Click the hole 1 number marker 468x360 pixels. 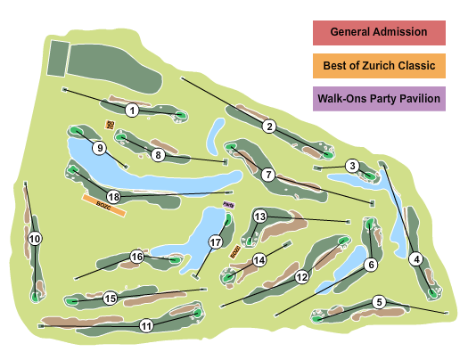point(132,110)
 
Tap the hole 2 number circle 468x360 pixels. point(269,127)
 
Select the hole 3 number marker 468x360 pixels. point(353,166)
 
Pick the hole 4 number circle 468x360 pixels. point(415,259)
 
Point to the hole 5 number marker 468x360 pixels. point(379,302)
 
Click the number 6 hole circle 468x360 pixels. point(371,264)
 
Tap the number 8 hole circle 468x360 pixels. point(158,155)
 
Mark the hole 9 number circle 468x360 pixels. point(99,148)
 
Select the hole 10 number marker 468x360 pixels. point(35,239)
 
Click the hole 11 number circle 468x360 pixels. point(145,326)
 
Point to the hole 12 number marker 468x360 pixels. point(302,277)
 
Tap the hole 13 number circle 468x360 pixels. point(260,217)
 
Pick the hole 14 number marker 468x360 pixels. point(259,260)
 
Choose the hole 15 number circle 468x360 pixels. point(111,299)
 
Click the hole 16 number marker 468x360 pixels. point(137,257)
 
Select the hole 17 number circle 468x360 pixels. point(215,242)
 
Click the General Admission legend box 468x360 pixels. point(379,32)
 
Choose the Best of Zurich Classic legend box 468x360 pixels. point(379,66)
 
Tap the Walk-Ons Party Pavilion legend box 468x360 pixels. point(379,99)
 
